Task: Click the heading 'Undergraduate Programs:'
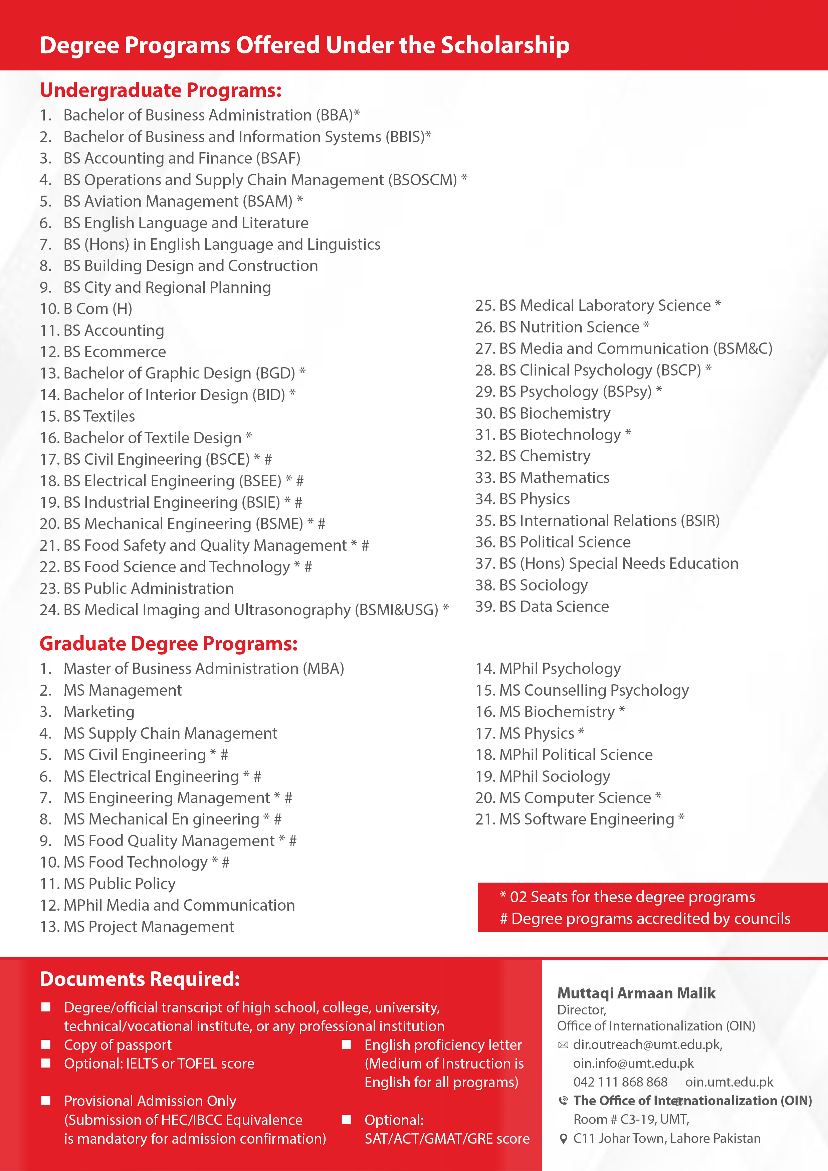click(160, 90)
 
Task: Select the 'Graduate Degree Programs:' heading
click(168, 644)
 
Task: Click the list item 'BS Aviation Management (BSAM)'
click(178, 202)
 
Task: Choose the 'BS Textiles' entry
click(99, 417)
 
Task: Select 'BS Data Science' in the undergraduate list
click(554, 607)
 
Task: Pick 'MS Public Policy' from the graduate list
click(119, 884)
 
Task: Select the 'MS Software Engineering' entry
click(586, 819)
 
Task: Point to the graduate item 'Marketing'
click(98, 712)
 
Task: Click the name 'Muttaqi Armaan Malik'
click(636, 993)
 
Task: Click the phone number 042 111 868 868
click(620, 1082)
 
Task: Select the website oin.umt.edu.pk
click(729, 1082)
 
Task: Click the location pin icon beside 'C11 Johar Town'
click(563, 1139)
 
